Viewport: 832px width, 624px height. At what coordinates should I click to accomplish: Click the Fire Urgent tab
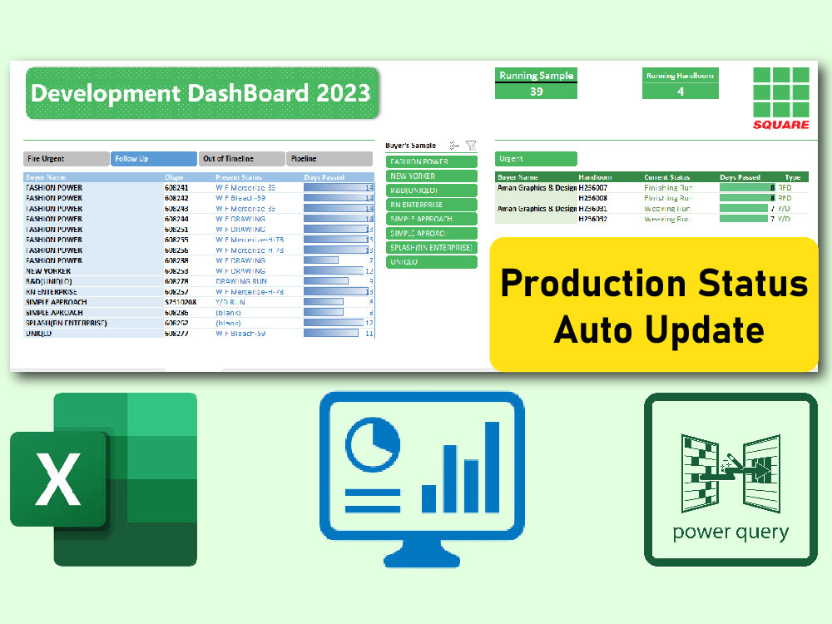[67, 159]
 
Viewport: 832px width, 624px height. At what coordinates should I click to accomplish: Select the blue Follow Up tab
[154, 159]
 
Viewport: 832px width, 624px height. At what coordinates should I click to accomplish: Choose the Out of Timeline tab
[241, 159]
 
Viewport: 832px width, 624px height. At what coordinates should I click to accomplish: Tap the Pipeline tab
[329, 159]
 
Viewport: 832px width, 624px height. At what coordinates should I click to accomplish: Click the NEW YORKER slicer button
[431, 176]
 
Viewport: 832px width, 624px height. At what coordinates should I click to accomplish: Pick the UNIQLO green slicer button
[431, 262]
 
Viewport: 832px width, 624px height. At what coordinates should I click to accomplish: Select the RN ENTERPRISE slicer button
[431, 205]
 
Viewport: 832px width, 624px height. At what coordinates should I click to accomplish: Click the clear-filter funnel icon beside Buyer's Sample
[471, 145]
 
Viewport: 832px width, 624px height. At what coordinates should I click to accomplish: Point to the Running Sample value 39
[536, 92]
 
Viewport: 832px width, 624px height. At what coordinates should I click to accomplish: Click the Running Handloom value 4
[680, 92]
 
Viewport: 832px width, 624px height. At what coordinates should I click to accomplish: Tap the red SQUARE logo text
[780, 125]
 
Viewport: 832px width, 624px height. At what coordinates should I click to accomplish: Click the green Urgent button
[536, 159]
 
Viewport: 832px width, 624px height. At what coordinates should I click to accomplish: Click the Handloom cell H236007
[593, 188]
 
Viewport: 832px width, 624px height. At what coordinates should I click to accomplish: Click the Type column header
[792, 177]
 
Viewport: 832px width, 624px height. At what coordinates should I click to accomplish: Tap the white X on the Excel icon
[57, 479]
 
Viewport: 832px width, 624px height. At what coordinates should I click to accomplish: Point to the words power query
[730, 532]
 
